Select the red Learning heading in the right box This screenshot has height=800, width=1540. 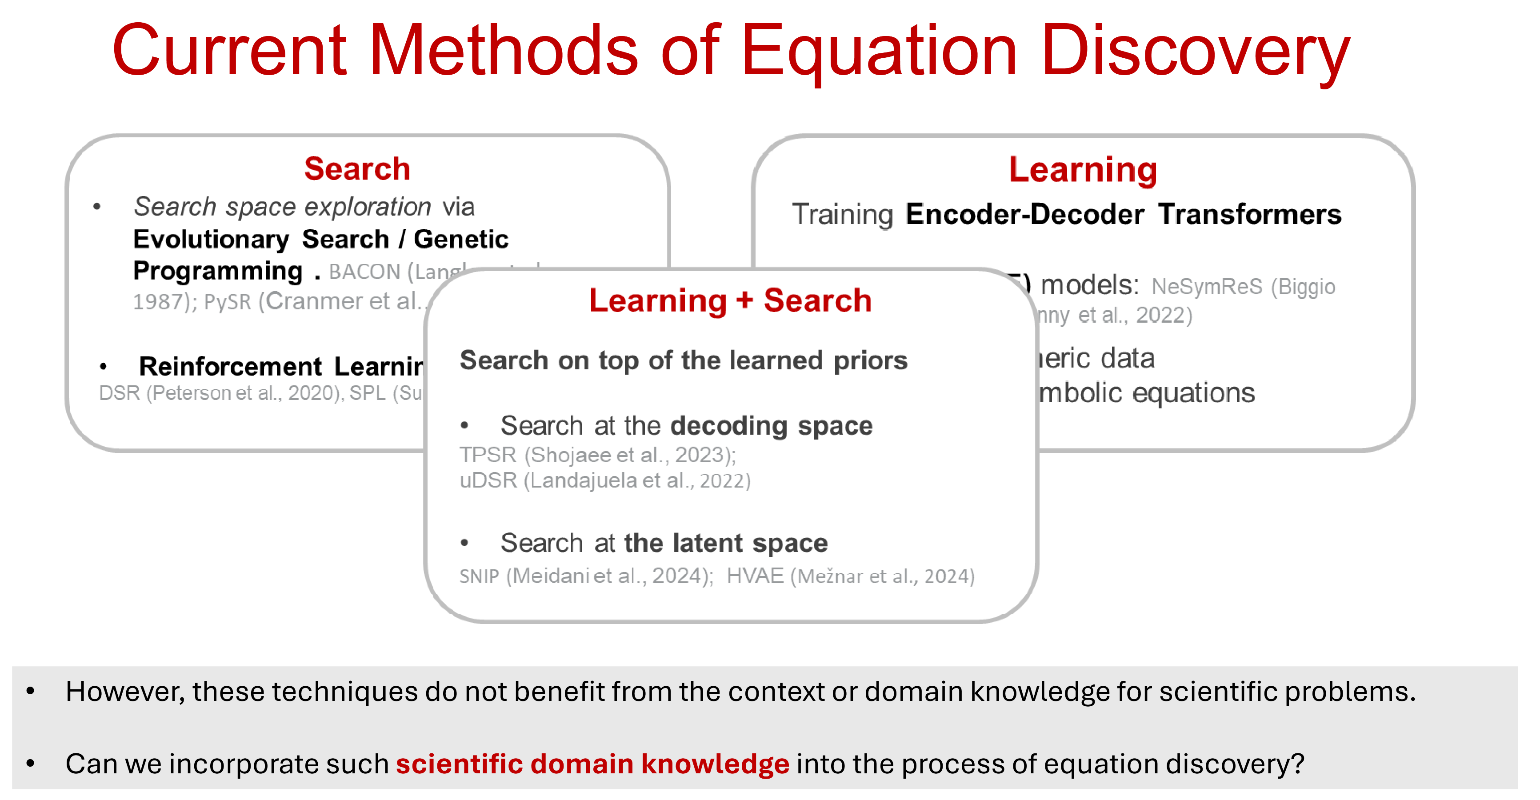(1083, 170)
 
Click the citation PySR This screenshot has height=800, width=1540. (227, 302)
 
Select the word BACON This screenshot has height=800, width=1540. (364, 272)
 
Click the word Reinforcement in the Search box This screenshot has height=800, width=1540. (231, 367)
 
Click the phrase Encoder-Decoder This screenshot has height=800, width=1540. (1025, 214)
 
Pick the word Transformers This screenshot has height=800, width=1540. (1249, 214)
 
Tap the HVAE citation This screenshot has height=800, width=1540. (755, 576)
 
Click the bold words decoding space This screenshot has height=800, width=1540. (771, 426)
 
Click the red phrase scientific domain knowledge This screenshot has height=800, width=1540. (592, 764)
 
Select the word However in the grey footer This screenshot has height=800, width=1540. (123, 692)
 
